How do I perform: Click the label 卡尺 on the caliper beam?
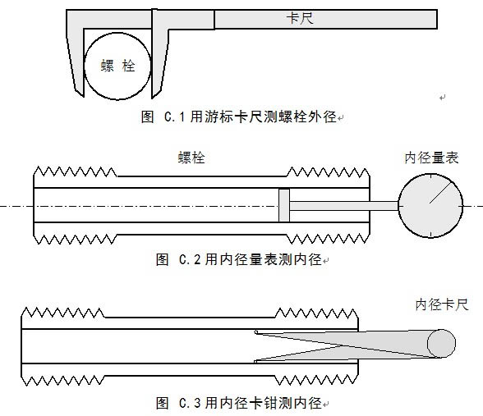[300, 18]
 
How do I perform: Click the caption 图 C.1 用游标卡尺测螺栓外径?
[239, 117]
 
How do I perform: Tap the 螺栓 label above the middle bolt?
[191, 158]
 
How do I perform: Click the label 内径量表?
[431, 158]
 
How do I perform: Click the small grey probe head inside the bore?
[284, 205]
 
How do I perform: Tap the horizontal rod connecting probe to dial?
[344, 206]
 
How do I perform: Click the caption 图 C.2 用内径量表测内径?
[239, 259]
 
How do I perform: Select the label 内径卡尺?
[442, 304]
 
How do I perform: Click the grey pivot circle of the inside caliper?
[441, 343]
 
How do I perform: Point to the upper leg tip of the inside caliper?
[255, 331]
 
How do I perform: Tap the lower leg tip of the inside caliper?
[255, 361]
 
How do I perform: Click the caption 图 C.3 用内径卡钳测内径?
[239, 403]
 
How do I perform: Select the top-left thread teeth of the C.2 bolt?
[76, 171]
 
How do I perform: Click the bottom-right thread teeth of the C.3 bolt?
[316, 381]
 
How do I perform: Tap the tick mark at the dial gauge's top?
[431, 176]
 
